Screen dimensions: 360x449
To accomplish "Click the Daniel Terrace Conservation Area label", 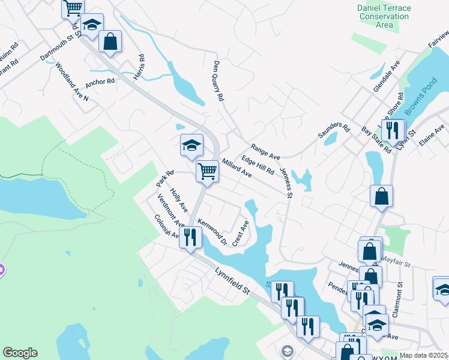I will (384, 16).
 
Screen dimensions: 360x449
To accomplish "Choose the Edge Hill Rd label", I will (258, 165).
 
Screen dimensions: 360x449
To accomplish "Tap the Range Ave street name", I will (265, 151).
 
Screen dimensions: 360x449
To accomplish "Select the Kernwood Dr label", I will (212, 232).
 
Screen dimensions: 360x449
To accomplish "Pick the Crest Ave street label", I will (240, 233).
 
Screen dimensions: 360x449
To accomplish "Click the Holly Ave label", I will (179, 200).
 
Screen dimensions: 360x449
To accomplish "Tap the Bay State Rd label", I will (376, 140).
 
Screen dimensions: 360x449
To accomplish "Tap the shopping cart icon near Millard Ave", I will (207, 170).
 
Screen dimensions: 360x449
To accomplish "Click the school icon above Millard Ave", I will (191, 145).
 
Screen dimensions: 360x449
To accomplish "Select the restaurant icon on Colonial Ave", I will (190, 236).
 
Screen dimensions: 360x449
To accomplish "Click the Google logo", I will (20, 353).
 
